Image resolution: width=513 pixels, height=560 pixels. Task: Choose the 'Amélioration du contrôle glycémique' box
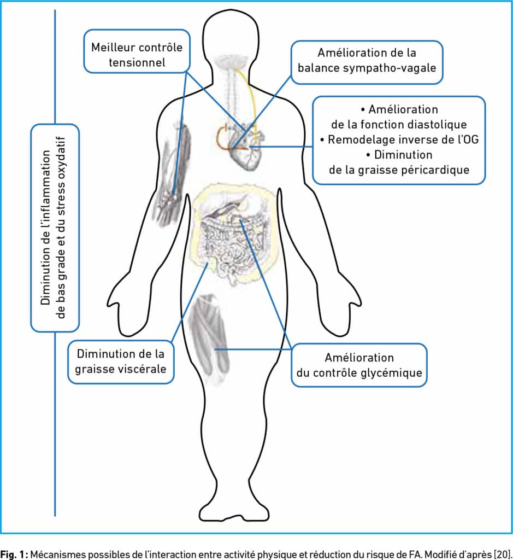(358, 365)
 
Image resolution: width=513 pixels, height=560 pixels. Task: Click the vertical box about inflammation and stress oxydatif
(55, 227)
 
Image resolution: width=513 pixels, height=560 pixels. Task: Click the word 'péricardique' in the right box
(435, 170)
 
